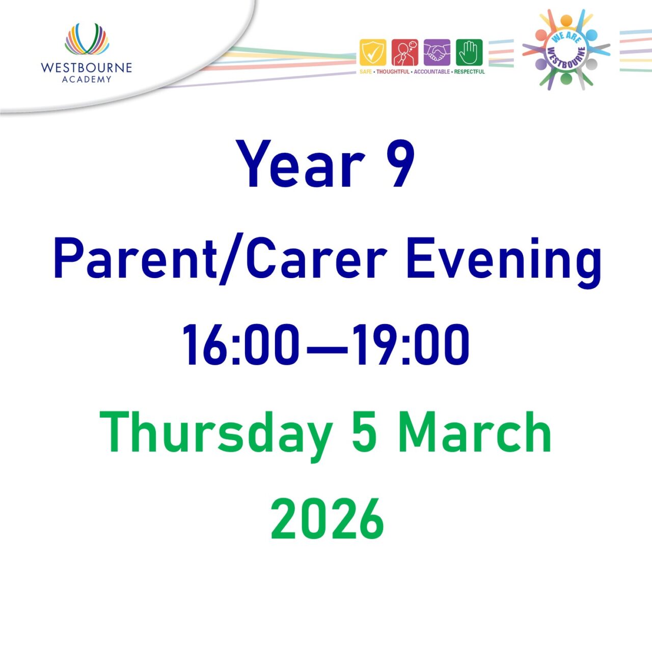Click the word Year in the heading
click(301, 165)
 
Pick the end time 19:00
click(412, 345)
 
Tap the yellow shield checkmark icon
click(373, 52)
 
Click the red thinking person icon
click(405, 52)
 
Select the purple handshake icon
click(437, 52)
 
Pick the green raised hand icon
click(469, 52)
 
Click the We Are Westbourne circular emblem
click(566, 49)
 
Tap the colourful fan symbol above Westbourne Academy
click(87, 39)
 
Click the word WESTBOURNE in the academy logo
click(87, 68)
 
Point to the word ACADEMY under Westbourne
click(87, 79)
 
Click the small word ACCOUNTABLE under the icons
click(431, 72)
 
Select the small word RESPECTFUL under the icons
click(470, 72)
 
